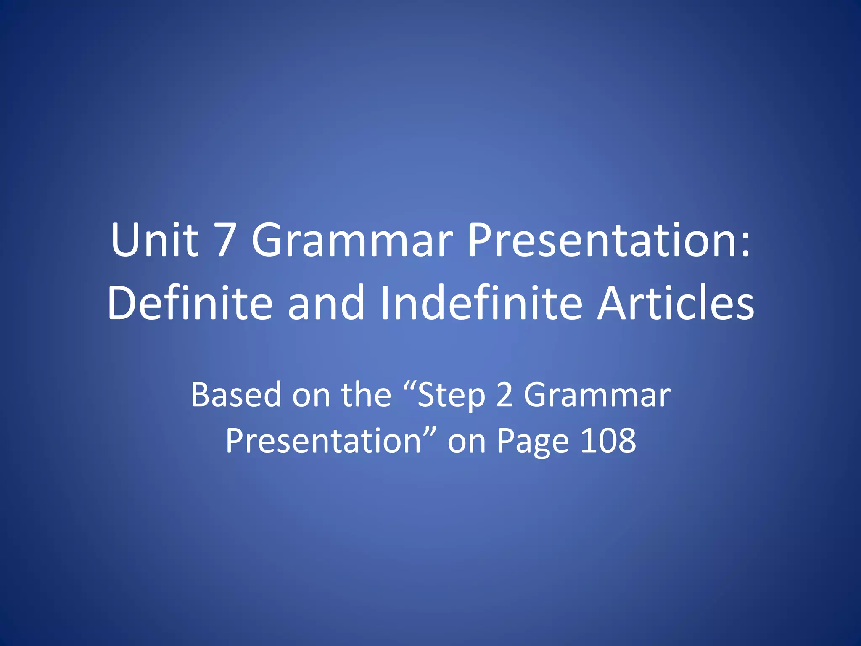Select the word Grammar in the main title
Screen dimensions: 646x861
click(x=352, y=241)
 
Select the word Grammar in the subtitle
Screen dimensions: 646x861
click(x=597, y=395)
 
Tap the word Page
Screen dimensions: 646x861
click(x=533, y=442)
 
